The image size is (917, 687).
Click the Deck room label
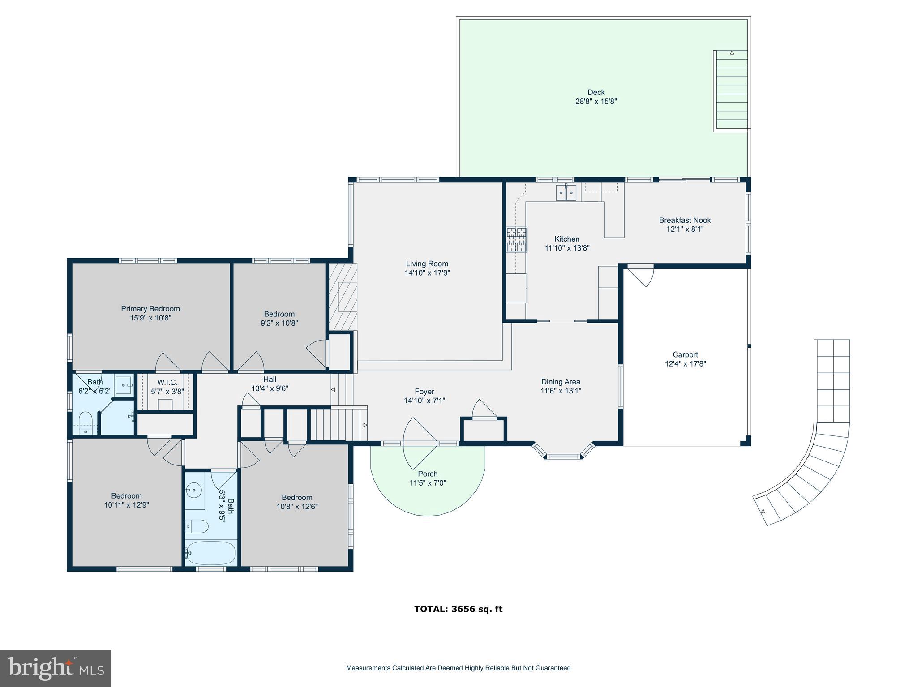point(596,92)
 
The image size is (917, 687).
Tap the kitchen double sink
point(566,193)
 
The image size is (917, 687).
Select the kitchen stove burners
point(516,239)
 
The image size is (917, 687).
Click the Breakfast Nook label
point(685,220)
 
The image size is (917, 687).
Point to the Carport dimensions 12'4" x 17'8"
point(685,364)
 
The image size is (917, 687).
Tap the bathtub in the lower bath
point(210,553)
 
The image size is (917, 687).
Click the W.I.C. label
point(167,383)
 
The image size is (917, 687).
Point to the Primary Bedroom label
point(150,309)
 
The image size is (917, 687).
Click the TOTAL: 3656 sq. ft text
point(458,609)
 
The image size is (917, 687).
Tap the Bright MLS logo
point(56,668)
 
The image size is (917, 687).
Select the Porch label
point(428,474)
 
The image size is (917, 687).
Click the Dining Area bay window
point(563,456)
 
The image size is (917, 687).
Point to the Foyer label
point(424,392)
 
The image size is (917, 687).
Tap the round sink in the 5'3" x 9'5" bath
point(194,490)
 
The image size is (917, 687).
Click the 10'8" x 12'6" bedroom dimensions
point(297,507)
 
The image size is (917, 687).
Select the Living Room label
point(427,264)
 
